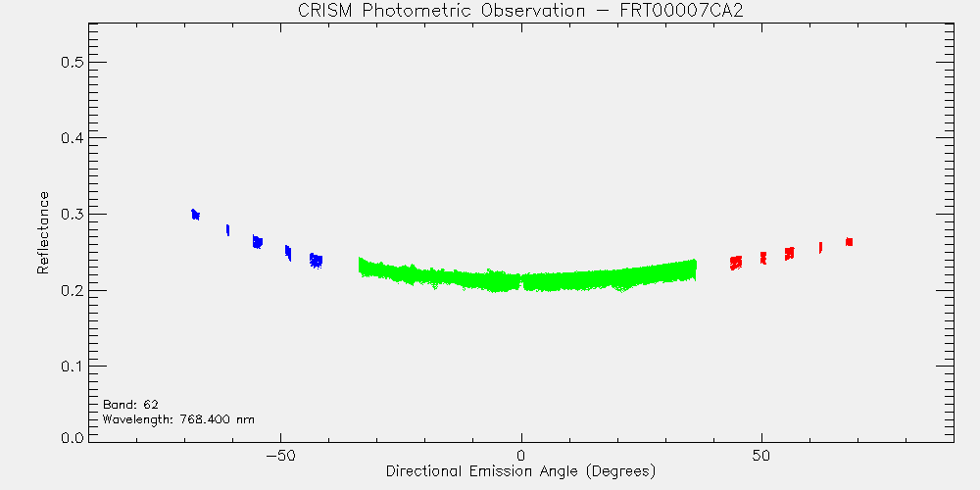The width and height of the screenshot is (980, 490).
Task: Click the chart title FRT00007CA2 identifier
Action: (681, 12)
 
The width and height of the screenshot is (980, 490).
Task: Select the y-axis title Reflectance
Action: (42, 232)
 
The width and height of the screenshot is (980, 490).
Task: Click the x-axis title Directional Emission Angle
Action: (484, 470)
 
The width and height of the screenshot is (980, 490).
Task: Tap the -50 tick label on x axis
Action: (280, 455)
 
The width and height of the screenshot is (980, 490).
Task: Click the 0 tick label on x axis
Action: (521, 455)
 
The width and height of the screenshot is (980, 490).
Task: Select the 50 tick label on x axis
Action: (761, 455)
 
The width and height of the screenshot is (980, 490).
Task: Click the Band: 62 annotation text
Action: (130, 404)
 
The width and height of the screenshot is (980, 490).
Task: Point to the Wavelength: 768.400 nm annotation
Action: (178, 418)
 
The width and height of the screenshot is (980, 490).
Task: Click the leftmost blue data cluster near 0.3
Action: (196, 215)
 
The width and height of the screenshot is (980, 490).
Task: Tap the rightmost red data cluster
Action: (849, 242)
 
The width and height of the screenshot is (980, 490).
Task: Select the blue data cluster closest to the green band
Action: (317, 261)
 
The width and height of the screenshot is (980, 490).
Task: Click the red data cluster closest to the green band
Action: (736, 263)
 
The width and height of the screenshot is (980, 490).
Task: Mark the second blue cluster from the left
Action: (227, 230)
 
